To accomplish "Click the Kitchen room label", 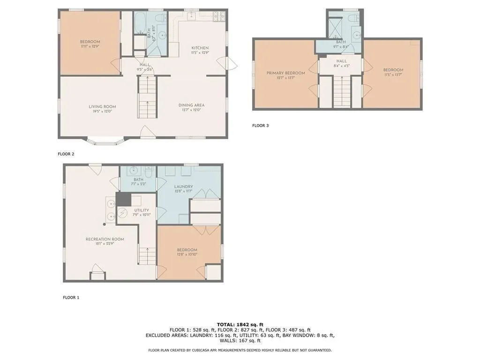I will (200, 48).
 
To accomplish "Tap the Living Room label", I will (102, 106).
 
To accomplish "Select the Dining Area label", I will (191, 105).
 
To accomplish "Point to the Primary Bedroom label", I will (285, 73).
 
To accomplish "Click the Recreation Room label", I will (105, 239).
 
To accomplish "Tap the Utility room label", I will (142, 210).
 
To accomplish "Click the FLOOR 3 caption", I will (261, 126).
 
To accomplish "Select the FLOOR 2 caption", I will (66, 154).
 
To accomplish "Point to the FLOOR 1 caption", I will (71, 297).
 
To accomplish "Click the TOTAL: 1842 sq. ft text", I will (240, 324).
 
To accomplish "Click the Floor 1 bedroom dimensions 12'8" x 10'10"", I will (187, 255).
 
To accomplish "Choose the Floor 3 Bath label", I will (340, 42).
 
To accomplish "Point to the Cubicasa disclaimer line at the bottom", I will (240, 350).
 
